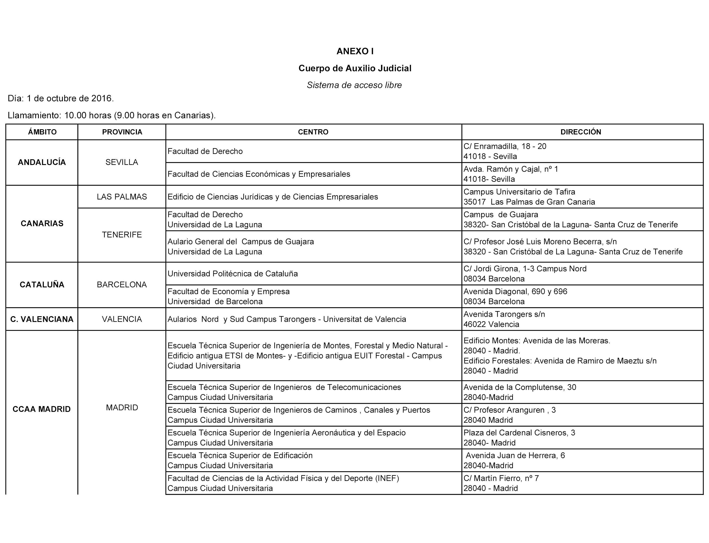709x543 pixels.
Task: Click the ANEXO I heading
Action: pyautogui.click(x=354, y=51)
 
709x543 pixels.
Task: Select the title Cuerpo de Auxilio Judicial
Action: pyautogui.click(x=354, y=68)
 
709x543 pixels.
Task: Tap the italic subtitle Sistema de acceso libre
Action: pyautogui.click(x=354, y=85)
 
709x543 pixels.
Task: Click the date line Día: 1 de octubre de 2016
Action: pyautogui.click(x=61, y=98)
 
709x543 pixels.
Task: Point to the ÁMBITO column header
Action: pyautogui.click(x=42, y=132)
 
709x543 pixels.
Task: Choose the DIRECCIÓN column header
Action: pyautogui.click(x=581, y=132)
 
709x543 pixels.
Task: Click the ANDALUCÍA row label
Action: pyautogui.click(x=42, y=162)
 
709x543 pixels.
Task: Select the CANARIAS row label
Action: pyautogui.click(x=42, y=223)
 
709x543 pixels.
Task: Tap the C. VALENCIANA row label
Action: pyautogui.click(x=42, y=319)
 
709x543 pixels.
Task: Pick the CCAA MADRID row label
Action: pyautogui.click(x=42, y=409)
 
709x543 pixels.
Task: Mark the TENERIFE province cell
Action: pyautogui.click(x=122, y=235)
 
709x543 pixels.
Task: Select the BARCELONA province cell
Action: pyautogui.click(x=122, y=285)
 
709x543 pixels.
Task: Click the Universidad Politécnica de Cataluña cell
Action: pyautogui.click(x=233, y=274)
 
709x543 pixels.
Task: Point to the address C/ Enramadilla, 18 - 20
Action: pyautogui.click(x=505, y=146)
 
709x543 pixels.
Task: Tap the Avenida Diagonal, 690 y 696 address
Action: pyautogui.click(x=515, y=291)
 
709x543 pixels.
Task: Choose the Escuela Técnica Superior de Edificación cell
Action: pyautogui.click(x=240, y=455)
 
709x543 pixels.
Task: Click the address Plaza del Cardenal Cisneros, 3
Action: pyautogui.click(x=519, y=432)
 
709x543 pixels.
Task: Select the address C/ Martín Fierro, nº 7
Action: pyautogui.click(x=501, y=478)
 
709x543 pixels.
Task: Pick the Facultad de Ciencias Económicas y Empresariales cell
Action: pyautogui.click(x=258, y=174)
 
